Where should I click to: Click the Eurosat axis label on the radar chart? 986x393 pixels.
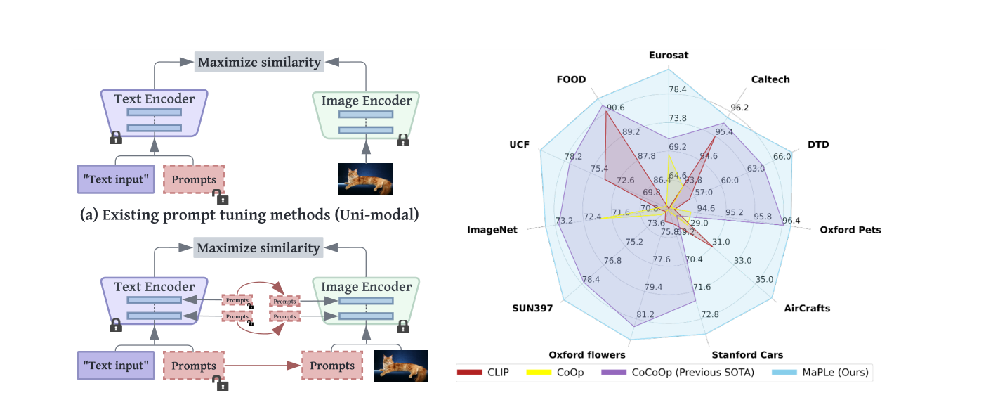click(x=669, y=55)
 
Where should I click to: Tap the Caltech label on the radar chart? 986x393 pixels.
click(x=770, y=79)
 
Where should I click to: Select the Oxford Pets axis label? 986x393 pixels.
click(x=850, y=230)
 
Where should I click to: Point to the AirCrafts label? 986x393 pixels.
click(x=806, y=308)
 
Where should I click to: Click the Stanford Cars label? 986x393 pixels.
click(x=747, y=354)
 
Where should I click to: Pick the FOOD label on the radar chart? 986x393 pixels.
click(x=571, y=79)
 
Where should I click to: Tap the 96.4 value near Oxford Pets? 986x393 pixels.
click(x=791, y=221)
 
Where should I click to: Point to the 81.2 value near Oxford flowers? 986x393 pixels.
click(x=645, y=314)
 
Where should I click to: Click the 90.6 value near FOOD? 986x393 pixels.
click(x=616, y=108)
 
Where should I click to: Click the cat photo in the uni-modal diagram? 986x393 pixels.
click(x=365, y=179)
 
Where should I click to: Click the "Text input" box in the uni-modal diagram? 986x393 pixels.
click(x=114, y=179)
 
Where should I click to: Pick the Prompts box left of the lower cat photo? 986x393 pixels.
click(x=332, y=366)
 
